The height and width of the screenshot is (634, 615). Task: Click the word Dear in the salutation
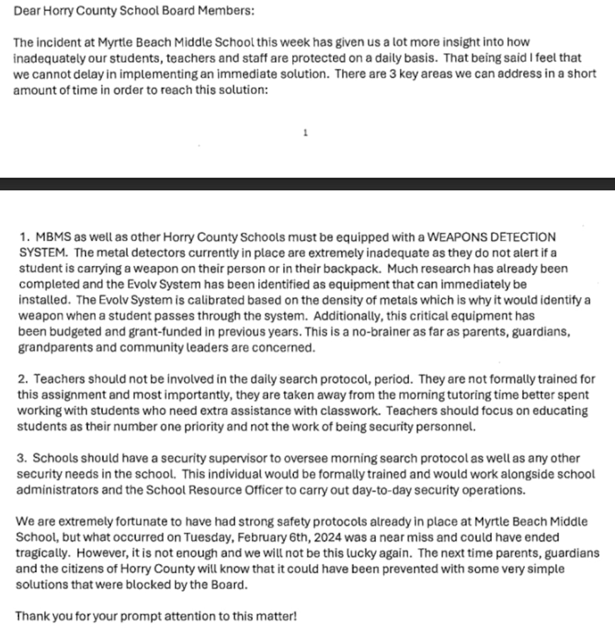click(26, 11)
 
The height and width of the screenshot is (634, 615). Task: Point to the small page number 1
click(306, 133)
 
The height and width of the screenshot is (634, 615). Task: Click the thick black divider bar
click(307, 183)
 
